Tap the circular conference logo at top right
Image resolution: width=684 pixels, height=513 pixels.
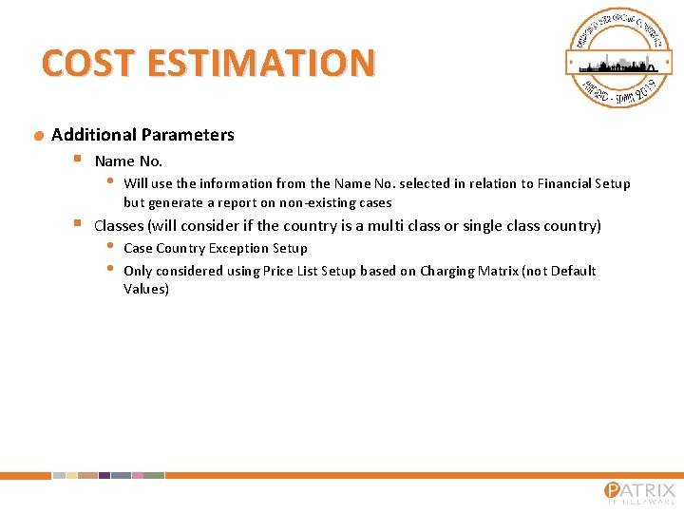tap(618, 58)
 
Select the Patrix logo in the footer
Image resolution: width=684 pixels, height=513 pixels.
tap(639, 493)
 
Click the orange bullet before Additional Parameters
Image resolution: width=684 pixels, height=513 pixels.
tap(38, 136)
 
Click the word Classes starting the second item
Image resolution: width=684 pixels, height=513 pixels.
tap(119, 225)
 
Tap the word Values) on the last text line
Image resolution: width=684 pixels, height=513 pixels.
tap(146, 289)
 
